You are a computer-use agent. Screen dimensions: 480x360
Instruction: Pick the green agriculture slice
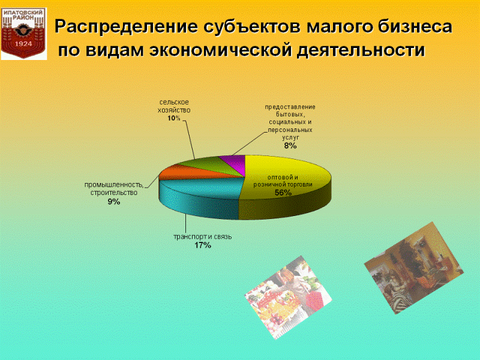coord(211,166)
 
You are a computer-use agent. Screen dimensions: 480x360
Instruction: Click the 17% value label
coord(203,245)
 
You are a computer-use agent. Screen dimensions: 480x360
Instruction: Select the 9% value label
coord(114,202)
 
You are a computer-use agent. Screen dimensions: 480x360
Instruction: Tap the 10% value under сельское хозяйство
coord(174,118)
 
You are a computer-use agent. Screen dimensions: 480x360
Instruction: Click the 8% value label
coord(290,146)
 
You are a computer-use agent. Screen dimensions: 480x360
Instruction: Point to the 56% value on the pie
coord(283,193)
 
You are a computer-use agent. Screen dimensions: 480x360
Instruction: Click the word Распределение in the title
coord(126,27)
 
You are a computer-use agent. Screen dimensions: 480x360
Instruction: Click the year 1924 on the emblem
coord(23,44)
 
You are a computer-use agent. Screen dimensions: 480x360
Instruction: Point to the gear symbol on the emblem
coord(23,30)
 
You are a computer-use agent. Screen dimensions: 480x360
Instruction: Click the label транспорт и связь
coord(203,236)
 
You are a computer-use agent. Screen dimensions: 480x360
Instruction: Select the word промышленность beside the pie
coord(114,185)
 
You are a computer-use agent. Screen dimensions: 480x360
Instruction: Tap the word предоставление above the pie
coord(290,107)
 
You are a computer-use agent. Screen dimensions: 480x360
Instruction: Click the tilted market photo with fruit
coord(288,298)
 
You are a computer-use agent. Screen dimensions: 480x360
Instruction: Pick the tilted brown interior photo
coord(414,268)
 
